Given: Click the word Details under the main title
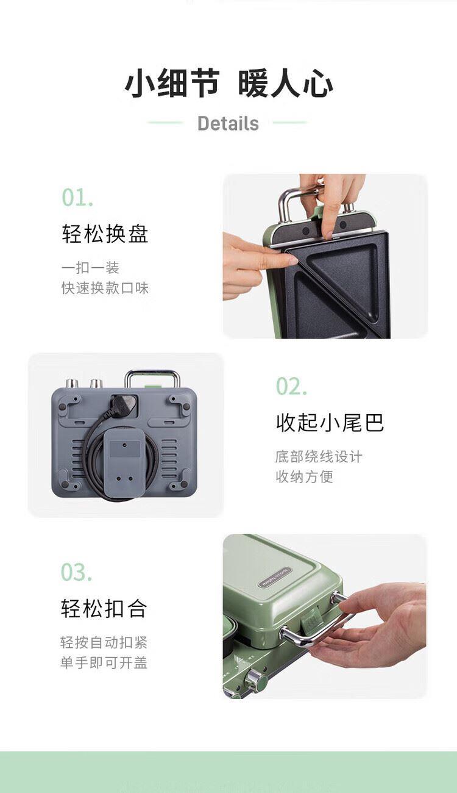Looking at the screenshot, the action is (228, 123).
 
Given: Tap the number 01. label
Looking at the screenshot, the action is (78, 198).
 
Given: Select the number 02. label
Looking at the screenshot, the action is (291, 386).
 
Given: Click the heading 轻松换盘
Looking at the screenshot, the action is (105, 234).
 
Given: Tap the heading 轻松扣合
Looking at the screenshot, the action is (104, 608).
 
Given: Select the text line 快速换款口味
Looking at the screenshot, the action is (105, 288).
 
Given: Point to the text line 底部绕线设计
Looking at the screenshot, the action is (319, 457).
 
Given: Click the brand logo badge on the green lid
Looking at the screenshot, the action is (274, 578).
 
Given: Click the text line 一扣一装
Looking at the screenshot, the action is (90, 268).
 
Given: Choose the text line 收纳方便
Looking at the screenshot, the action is (305, 476).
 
